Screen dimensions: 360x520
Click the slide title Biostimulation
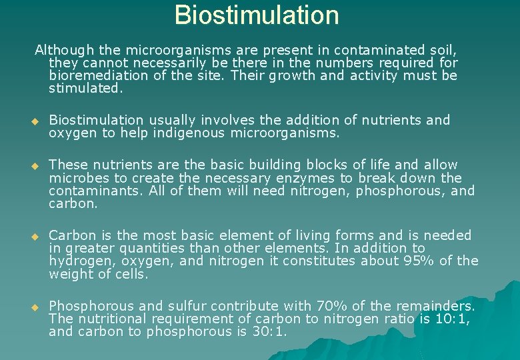[257, 15]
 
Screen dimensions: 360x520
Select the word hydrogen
[79, 261]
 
